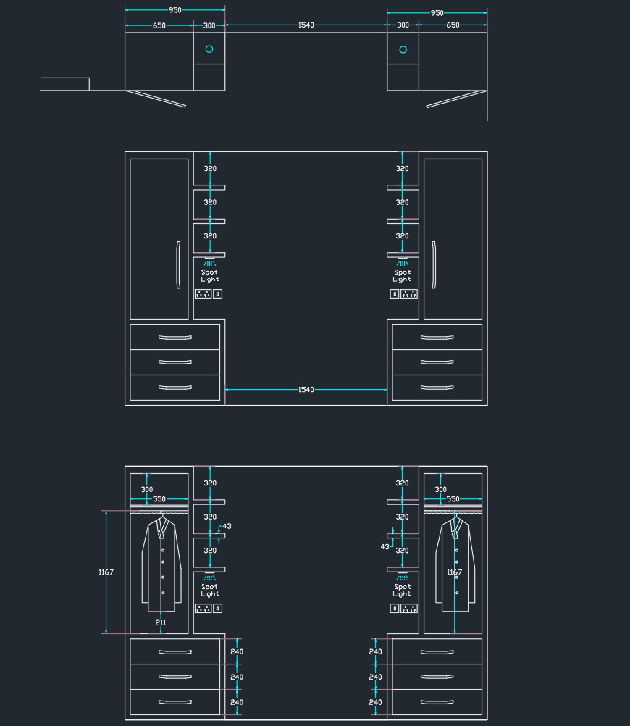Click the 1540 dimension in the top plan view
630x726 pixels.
306,25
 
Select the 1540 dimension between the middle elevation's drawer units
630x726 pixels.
306,390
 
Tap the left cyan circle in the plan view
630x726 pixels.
209,49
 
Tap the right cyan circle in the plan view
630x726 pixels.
403,49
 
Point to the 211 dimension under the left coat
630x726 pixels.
161,622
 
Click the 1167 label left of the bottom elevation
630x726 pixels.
106,572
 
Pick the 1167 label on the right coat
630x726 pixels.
455,572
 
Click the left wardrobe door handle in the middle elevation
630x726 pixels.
178,265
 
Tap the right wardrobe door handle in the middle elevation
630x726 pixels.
434,265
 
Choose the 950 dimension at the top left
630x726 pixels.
175,10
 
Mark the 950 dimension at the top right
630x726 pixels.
437,13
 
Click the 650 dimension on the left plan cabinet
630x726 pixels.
159,25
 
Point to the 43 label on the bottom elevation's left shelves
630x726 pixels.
227,526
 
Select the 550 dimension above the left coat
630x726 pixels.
159,499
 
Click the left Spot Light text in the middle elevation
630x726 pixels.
210,276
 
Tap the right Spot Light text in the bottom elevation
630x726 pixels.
402,591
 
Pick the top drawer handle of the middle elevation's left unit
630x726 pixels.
175,338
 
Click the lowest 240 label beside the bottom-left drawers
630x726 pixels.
237,702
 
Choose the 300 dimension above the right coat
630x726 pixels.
441,489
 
